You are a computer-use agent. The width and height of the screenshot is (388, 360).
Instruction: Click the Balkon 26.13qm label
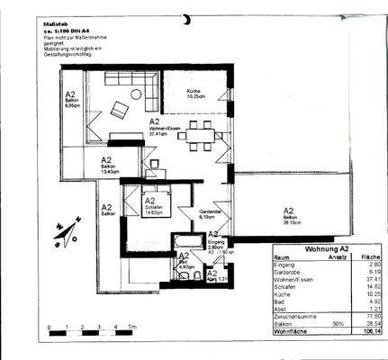(292, 217)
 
